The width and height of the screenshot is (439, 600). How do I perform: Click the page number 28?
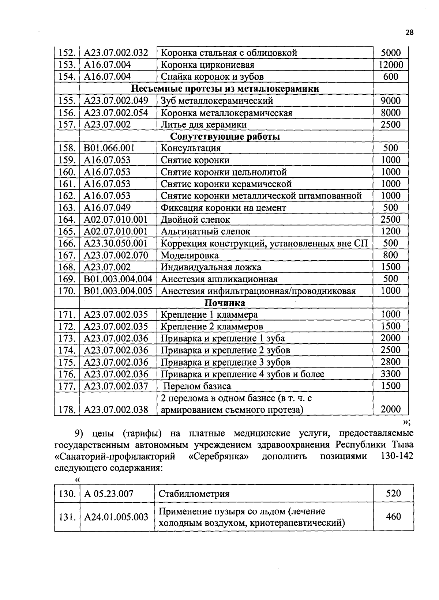pyautogui.click(x=409, y=33)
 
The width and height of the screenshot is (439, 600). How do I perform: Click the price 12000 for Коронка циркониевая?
pyautogui.click(x=390, y=65)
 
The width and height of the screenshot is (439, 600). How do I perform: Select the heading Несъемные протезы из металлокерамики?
pyautogui.click(x=225, y=89)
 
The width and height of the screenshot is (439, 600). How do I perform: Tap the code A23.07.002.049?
pyautogui.click(x=116, y=101)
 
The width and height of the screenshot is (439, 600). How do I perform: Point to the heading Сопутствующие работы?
pyautogui.click(x=225, y=137)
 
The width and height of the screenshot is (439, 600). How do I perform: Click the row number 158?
pyautogui.click(x=67, y=148)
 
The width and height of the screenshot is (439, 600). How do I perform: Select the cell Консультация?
pyautogui.click(x=191, y=148)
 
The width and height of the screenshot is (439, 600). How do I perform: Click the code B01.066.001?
pyautogui.click(x=109, y=148)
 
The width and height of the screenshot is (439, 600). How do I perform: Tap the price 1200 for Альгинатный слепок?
pyautogui.click(x=390, y=231)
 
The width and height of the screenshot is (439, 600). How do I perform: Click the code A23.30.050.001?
pyautogui.click(x=116, y=244)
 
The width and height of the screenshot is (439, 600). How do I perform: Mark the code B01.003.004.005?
pyautogui.click(x=118, y=291)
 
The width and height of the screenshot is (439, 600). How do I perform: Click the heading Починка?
pyautogui.click(x=225, y=303)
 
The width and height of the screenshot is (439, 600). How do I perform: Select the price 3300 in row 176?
pyautogui.click(x=390, y=374)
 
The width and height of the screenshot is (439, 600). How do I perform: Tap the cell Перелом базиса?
pyautogui.click(x=197, y=386)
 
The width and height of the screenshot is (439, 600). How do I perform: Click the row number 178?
pyautogui.click(x=67, y=410)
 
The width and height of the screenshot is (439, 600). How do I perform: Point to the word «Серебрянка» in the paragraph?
pyautogui.click(x=221, y=457)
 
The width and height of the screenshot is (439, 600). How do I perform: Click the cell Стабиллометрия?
pyautogui.click(x=194, y=494)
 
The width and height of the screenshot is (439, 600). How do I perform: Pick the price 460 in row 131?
pyautogui.click(x=393, y=517)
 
